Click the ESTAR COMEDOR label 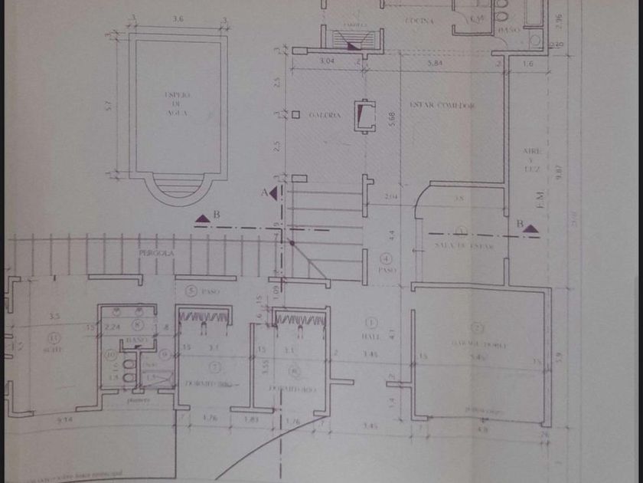(443, 104)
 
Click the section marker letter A (265, 192)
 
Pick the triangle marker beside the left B (202, 219)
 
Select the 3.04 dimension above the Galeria (327, 60)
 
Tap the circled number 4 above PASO (387, 258)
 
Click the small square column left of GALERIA (295, 115)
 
